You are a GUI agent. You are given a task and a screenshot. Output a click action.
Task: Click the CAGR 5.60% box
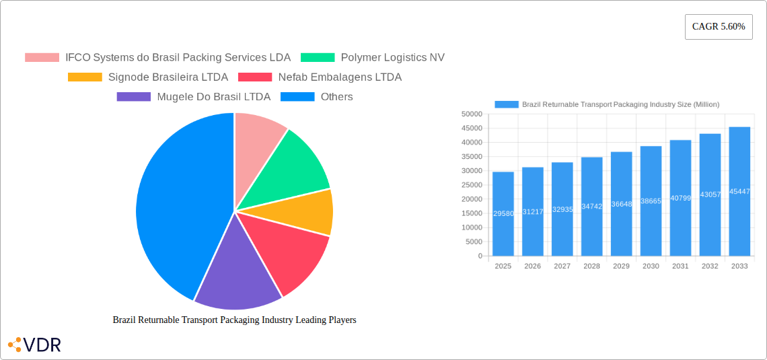point(719,27)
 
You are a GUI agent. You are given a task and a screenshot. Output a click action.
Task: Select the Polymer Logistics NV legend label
point(392,58)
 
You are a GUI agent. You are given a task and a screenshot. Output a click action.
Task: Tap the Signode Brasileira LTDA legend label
point(168,77)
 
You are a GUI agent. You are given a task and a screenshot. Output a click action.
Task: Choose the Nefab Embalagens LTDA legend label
point(340,77)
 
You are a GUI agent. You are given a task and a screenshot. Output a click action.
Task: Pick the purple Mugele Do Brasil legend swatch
point(133,97)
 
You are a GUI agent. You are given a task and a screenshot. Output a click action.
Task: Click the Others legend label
point(336,97)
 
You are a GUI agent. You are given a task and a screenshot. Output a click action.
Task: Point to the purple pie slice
point(235,276)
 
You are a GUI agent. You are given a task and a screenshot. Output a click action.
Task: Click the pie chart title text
point(234,320)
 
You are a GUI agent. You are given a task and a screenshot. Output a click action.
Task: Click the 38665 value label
point(651,201)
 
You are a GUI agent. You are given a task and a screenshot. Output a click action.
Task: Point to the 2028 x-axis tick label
point(591,266)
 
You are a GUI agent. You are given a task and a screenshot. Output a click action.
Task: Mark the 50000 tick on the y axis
point(472,114)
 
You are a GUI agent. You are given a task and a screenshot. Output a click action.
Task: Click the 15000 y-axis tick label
point(472,213)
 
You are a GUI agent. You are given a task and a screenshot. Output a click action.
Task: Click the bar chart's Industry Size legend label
point(620,104)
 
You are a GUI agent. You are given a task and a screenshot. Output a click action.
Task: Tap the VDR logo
point(34,345)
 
